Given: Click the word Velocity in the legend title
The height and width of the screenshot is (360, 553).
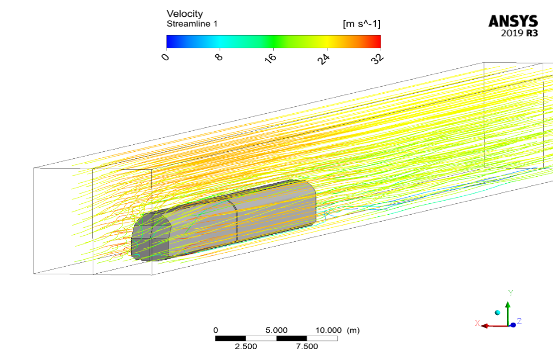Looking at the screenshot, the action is point(184,14).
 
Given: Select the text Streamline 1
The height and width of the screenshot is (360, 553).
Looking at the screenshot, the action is point(192,24).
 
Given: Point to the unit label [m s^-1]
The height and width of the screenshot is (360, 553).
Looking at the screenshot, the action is point(362,24).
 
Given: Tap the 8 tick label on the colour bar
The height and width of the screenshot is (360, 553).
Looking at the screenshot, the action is point(219,56).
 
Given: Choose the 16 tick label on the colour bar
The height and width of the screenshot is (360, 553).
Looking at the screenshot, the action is point(271,58).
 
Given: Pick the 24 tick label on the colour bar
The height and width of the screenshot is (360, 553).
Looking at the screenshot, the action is point(324,59).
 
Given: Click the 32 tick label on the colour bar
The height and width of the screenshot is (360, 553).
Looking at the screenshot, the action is point(377,58).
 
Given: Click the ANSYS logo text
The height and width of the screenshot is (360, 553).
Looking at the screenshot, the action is point(513,22).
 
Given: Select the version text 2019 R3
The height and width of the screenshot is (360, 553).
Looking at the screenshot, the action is point(519,33).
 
